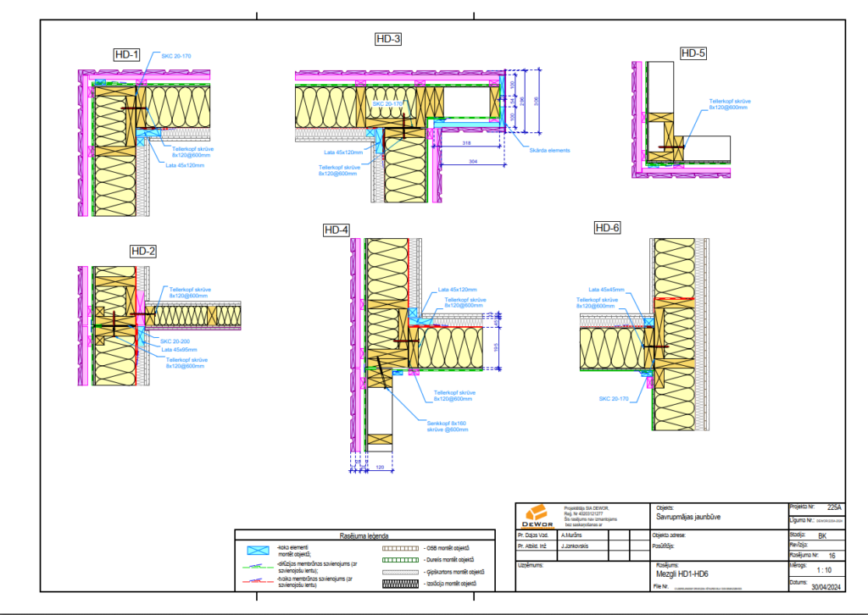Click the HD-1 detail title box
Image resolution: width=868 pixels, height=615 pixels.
tap(125, 54)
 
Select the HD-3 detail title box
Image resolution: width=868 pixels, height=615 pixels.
tap(388, 39)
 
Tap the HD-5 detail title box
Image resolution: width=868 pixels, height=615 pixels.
tap(693, 53)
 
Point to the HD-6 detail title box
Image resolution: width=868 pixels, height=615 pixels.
tap(607, 228)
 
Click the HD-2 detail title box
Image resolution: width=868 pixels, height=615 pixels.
tap(143, 251)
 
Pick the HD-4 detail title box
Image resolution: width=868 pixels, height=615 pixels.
tap(336, 230)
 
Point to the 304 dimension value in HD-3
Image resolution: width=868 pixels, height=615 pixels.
tap(472, 161)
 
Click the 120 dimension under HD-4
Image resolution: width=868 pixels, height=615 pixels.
tap(380, 467)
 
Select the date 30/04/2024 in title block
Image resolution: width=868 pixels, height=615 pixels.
tap(827, 585)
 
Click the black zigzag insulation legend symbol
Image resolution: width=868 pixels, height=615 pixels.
tap(396, 584)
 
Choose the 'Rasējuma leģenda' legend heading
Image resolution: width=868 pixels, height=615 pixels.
tap(364, 536)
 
